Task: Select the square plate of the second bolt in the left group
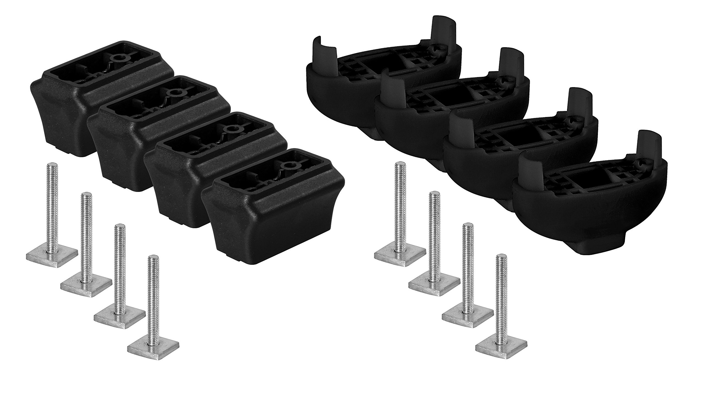tap(86, 285)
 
